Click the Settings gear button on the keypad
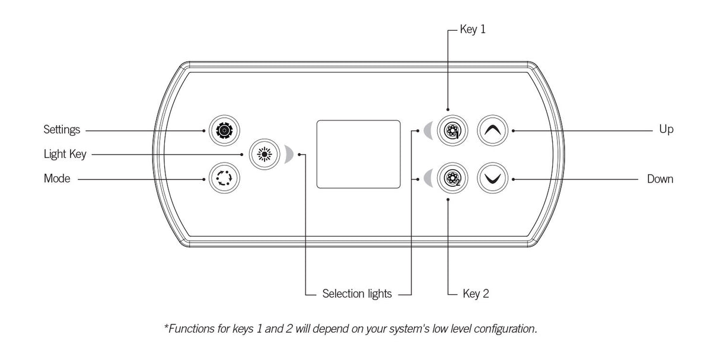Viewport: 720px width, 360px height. pyautogui.click(x=222, y=129)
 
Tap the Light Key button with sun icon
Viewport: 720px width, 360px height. pyautogui.click(x=262, y=154)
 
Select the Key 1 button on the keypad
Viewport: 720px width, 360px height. pyautogui.click(x=452, y=130)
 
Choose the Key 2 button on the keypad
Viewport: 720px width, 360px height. pyautogui.click(x=452, y=179)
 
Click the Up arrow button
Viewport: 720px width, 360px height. pyautogui.click(x=493, y=130)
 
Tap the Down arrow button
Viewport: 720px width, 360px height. pyautogui.click(x=493, y=179)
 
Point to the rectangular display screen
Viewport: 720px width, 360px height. pyautogui.click(x=358, y=154)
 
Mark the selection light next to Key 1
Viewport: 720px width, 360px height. pyautogui.click(x=428, y=129)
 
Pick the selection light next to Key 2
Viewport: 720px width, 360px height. pyautogui.click(x=428, y=178)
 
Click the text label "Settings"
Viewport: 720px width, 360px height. pyautogui.click(x=62, y=129)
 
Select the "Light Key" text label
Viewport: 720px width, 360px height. pyautogui.click(x=65, y=154)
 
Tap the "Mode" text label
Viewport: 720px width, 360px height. pyautogui.click(x=57, y=179)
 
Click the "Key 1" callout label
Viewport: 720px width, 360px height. pyautogui.click(x=473, y=29)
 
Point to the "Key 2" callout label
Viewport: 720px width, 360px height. pyautogui.click(x=475, y=294)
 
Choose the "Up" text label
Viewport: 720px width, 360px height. pyautogui.click(x=666, y=129)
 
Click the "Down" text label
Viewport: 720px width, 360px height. pyautogui.click(x=660, y=179)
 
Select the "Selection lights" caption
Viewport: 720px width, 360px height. pyautogui.click(x=357, y=294)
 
